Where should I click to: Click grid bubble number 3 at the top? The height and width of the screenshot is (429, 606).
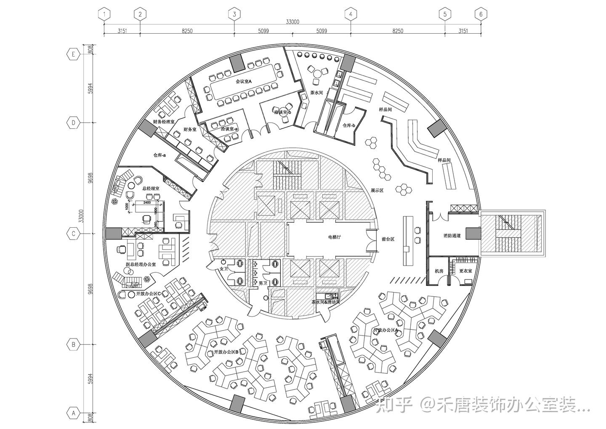(234, 14)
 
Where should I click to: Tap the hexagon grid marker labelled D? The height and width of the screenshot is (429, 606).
(74, 123)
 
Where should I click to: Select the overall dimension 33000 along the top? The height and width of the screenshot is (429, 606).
(292, 22)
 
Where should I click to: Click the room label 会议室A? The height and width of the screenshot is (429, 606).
(243, 81)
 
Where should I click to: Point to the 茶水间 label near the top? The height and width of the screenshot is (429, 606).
(316, 92)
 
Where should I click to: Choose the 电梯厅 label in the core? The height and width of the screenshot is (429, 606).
(334, 237)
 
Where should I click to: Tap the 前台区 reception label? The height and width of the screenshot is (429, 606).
(388, 239)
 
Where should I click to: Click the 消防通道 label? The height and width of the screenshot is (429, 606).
(452, 236)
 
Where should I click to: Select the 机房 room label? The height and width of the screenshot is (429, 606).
(439, 271)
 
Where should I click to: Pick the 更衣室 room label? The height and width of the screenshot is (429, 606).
(465, 271)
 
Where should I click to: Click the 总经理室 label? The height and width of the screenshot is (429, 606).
(151, 189)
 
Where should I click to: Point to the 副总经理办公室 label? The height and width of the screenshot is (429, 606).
(141, 264)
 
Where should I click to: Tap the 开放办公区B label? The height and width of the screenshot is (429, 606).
(226, 352)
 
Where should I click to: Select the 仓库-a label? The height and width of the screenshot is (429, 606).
(159, 155)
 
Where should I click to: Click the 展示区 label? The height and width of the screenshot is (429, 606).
(377, 190)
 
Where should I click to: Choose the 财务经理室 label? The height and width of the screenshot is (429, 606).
(164, 122)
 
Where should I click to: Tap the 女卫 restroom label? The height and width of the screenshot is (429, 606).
(223, 269)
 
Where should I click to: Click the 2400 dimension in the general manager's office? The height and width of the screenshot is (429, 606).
(147, 203)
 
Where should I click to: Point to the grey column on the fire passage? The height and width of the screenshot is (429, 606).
(473, 233)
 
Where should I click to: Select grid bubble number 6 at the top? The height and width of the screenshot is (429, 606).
(481, 14)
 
